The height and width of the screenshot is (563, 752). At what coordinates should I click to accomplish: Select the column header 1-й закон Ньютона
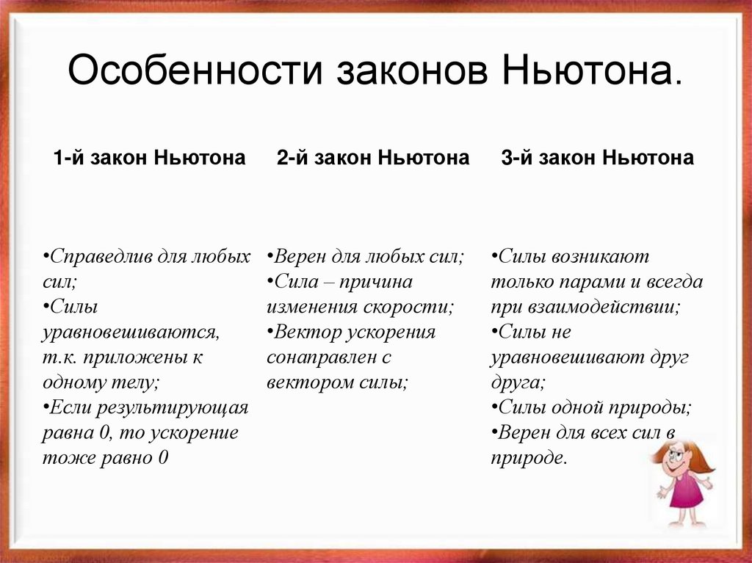tap(149, 158)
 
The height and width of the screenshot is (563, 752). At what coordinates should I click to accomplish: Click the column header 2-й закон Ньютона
tap(373, 158)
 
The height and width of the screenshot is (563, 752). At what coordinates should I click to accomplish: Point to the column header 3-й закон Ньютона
tap(597, 158)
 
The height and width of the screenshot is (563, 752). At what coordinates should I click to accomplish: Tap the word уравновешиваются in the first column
tap(131, 333)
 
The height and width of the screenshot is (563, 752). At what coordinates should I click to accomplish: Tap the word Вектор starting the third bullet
tap(303, 333)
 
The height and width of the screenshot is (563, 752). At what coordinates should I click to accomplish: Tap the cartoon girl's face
tap(676, 460)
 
